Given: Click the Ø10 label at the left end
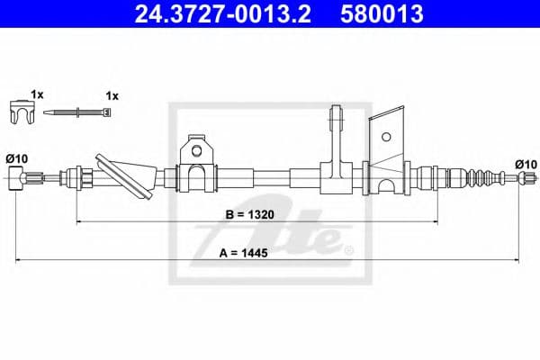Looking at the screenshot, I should coord(16,158).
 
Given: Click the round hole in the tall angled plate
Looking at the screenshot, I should coord(386,138).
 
